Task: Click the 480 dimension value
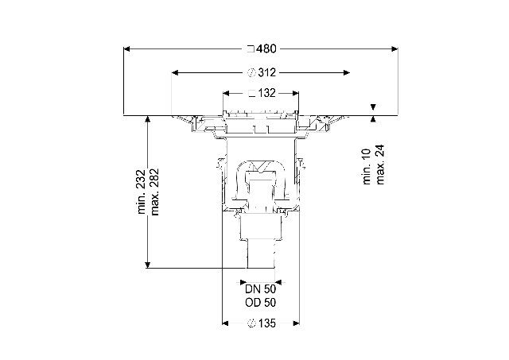(x=266, y=49)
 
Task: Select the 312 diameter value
(x=267, y=72)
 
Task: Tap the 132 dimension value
(x=267, y=94)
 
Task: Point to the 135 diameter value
(x=267, y=323)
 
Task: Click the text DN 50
(x=260, y=289)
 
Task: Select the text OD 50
(x=260, y=303)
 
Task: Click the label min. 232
(x=142, y=192)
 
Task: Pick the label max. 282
(x=154, y=192)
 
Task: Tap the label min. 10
(x=366, y=167)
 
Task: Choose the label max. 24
(x=380, y=165)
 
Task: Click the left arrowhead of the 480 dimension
(x=126, y=49)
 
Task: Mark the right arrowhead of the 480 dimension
(x=394, y=49)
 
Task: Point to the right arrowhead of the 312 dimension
(x=347, y=72)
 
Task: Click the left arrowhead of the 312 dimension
(x=175, y=72)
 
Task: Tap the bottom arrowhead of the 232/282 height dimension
(x=148, y=265)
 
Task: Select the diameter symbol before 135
(x=251, y=323)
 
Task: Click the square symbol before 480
(x=251, y=49)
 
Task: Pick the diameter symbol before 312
(x=251, y=72)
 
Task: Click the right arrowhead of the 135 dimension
(x=296, y=323)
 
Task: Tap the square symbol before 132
(x=251, y=94)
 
